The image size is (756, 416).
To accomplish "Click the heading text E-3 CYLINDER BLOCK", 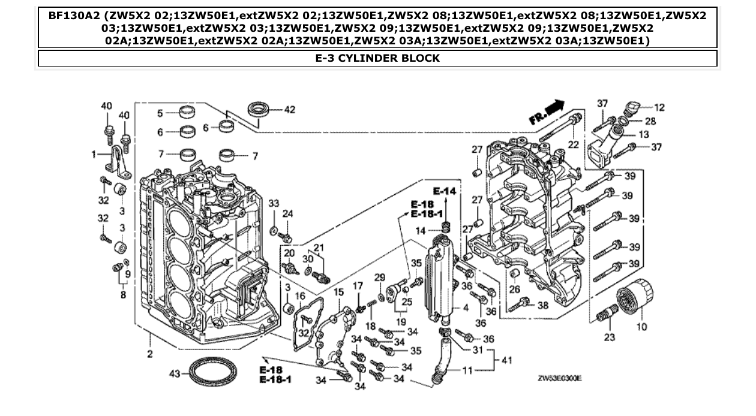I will click(x=377, y=58).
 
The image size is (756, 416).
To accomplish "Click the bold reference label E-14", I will click(x=445, y=191).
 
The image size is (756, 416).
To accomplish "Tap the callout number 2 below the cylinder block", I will click(x=149, y=354).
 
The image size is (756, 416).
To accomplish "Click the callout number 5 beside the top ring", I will click(x=160, y=113).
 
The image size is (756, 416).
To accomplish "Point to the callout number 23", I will click(x=609, y=337).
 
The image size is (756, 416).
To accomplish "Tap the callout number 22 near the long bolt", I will click(x=574, y=144).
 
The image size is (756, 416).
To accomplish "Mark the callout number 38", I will click(x=543, y=305).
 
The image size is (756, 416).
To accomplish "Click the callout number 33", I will click(x=274, y=204).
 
